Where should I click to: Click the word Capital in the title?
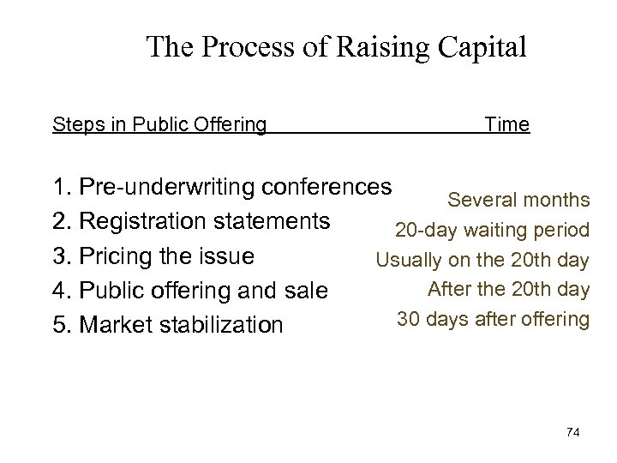(x=481, y=47)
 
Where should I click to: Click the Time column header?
(x=506, y=125)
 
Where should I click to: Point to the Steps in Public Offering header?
(x=159, y=125)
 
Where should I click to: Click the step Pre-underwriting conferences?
(x=233, y=186)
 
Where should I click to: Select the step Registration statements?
(x=202, y=221)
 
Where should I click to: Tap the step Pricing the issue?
(x=165, y=256)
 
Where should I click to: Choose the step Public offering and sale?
(x=201, y=291)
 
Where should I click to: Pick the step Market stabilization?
(x=178, y=326)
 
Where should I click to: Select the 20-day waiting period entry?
(x=492, y=231)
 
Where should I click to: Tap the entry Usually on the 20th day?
(x=482, y=260)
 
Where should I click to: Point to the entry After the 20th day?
(x=508, y=289)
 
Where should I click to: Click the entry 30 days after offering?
(x=493, y=319)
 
